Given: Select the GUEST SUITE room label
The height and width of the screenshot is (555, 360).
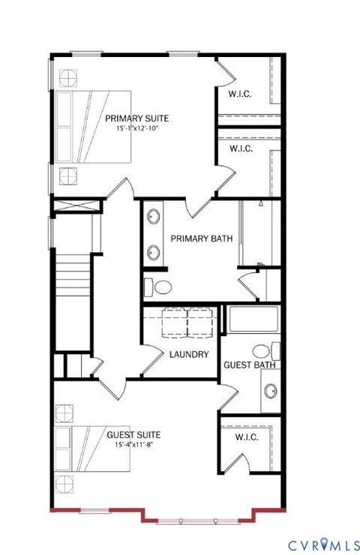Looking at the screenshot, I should pyautogui.click(x=133, y=434).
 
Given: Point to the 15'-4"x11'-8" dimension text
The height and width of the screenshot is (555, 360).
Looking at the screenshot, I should pyautogui.click(x=133, y=445).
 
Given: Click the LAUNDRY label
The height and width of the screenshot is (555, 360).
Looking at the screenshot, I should pyautogui.click(x=188, y=355).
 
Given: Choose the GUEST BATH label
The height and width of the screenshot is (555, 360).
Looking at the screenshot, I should pyautogui.click(x=250, y=365).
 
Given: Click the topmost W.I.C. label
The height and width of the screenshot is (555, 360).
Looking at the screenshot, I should pyautogui.click(x=241, y=94).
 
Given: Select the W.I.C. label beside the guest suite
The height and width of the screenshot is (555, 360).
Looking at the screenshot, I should pyautogui.click(x=247, y=436).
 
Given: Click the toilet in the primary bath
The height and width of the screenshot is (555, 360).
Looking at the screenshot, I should pyautogui.click(x=159, y=286).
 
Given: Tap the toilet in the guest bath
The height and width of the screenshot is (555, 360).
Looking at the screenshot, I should pyautogui.click(x=262, y=350).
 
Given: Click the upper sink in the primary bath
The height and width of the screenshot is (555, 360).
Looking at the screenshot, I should pyautogui.click(x=154, y=218).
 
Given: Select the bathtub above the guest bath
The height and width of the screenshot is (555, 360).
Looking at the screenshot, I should pyautogui.click(x=253, y=321).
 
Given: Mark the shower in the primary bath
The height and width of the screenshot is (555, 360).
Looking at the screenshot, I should pyautogui.click(x=259, y=232).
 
